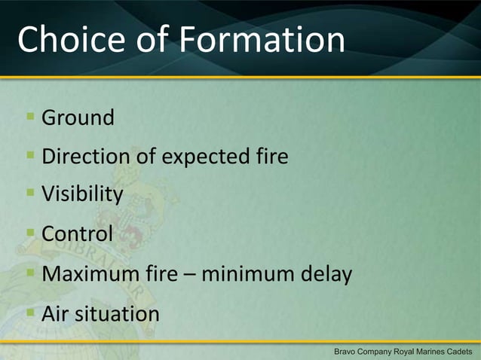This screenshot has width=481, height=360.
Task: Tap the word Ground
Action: [x=78, y=117]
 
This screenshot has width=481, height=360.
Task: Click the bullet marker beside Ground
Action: [x=30, y=117]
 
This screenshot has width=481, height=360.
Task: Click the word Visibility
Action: [x=82, y=194]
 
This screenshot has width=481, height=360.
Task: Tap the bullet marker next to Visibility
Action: [x=30, y=194]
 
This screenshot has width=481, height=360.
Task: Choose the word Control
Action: [x=77, y=233]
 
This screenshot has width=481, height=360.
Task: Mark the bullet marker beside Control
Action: [x=30, y=233]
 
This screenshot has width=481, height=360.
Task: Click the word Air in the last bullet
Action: [x=54, y=313]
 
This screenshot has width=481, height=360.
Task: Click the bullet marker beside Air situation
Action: [x=30, y=313]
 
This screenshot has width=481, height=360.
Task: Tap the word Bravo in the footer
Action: [x=348, y=352]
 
